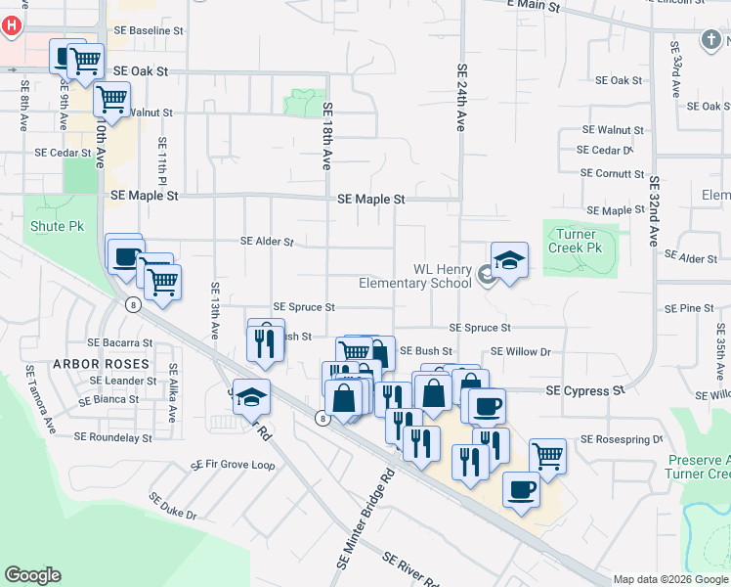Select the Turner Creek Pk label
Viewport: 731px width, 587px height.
click(580, 241)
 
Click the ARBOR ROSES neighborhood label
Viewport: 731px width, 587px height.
click(116, 364)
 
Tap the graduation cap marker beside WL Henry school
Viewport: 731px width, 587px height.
click(509, 260)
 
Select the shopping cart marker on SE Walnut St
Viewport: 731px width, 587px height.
click(112, 99)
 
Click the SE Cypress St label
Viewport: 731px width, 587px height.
click(584, 391)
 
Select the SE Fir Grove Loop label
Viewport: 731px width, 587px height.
click(234, 465)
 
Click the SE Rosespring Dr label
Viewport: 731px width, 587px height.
click(622, 439)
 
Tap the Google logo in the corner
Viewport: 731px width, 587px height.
click(33, 575)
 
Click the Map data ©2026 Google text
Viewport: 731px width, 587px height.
click(669, 579)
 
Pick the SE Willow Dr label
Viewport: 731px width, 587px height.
click(521, 351)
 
